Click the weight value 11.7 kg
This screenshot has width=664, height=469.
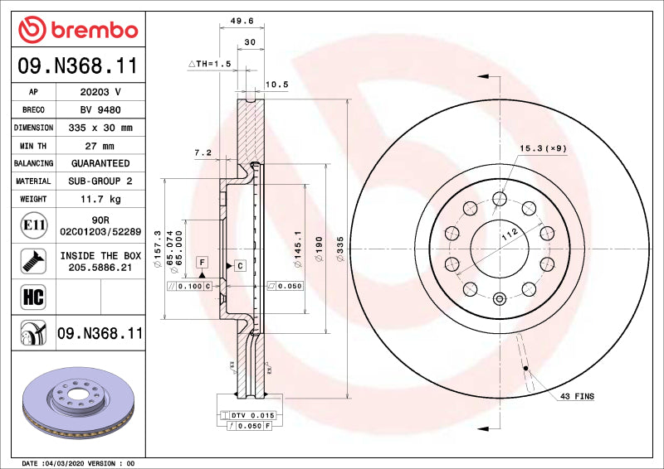pos(100,199)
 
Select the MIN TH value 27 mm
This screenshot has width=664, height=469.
pos(100,146)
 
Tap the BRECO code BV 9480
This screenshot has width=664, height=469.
pos(100,109)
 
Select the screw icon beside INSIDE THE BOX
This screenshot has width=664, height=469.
pos(28,260)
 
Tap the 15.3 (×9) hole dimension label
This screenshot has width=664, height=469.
pos(543,148)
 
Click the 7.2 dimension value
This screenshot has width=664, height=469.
pos(203,152)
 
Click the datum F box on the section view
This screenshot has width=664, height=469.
pos(201,262)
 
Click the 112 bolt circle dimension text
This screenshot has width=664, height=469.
pos(509,235)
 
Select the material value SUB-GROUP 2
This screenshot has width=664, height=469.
pos(100,181)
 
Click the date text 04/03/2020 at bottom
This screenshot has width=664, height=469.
pos(67,462)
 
